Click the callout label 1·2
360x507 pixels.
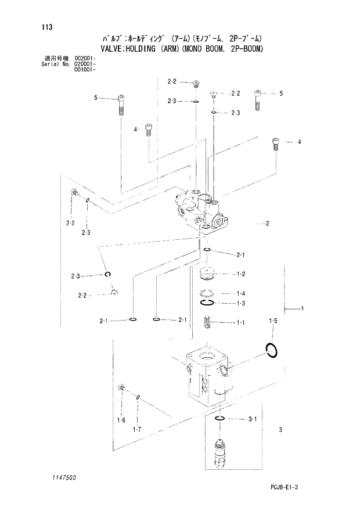tap(240, 274)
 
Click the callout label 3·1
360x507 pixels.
tap(252, 418)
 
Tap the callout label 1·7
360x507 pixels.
tap(137, 429)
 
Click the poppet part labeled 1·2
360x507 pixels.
tap(207, 274)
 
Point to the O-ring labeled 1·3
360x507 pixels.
tap(208, 303)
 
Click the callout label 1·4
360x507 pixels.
tap(240, 293)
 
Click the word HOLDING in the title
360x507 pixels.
tap(139, 49)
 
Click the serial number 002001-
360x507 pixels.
tap(85, 59)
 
